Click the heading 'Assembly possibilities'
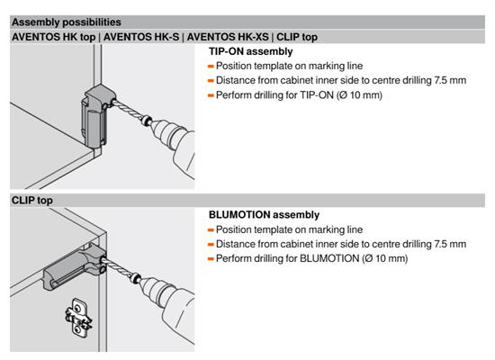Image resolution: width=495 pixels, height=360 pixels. [67, 22]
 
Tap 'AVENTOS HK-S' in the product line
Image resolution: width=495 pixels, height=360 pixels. [141, 37]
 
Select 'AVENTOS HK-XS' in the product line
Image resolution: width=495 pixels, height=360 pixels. [228, 37]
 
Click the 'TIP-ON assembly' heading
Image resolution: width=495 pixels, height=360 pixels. [251, 51]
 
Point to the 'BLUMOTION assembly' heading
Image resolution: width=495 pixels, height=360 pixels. [264, 215]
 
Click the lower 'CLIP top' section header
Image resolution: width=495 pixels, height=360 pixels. [32, 200]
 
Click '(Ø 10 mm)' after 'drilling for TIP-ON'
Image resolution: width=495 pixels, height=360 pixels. [359, 95]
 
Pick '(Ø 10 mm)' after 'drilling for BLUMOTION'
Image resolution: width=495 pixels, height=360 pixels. [385, 258]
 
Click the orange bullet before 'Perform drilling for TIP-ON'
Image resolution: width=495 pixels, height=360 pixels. [211, 95]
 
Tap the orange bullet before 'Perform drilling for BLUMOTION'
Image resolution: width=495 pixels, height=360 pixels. [211, 259]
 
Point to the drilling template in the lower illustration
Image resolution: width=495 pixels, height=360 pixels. [76, 268]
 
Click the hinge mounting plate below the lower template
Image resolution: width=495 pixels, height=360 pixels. [78, 318]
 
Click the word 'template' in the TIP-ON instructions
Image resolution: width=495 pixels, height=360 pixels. [278, 66]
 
